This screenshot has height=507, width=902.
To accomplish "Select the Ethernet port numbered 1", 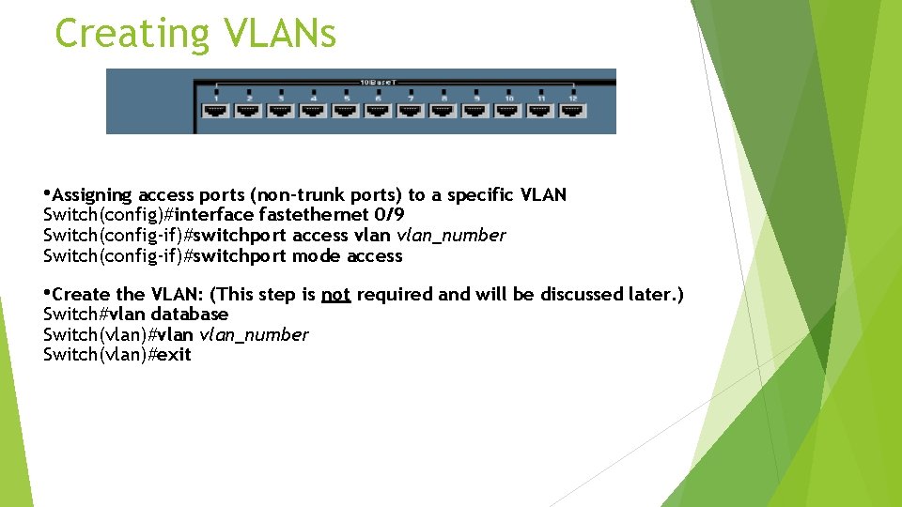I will click(x=216, y=110).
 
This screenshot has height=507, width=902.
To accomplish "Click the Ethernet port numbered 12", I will click(x=572, y=110).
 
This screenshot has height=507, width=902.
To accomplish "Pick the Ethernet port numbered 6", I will click(x=378, y=110).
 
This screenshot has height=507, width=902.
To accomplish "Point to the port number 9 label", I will click(x=475, y=97).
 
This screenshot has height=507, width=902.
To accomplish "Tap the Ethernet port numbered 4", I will click(x=313, y=110).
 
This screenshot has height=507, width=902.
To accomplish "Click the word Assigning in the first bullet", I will click(x=91, y=195).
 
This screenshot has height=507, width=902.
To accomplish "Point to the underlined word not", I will click(x=335, y=295).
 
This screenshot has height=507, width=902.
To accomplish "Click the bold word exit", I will click(x=175, y=355).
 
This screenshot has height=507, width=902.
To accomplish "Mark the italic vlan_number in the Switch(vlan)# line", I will click(x=254, y=335).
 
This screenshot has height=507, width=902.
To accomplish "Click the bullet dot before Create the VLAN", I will click(x=47, y=293).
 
